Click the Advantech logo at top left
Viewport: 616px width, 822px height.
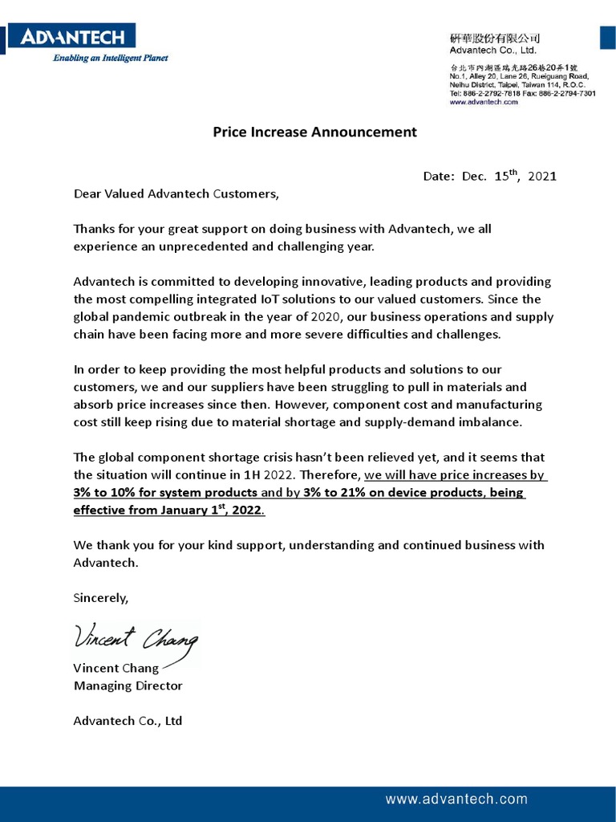[x=72, y=36]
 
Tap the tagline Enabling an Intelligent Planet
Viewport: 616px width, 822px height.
[x=111, y=59]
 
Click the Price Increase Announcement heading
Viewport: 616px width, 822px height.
[x=314, y=132]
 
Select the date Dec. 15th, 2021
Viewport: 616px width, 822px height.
[x=489, y=176]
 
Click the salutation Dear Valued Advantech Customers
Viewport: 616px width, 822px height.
[x=176, y=193]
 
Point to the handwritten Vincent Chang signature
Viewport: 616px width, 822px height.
[x=136, y=640]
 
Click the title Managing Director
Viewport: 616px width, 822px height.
[x=128, y=686]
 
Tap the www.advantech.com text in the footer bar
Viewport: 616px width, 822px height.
[x=456, y=799]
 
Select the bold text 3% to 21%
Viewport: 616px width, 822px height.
[x=331, y=492]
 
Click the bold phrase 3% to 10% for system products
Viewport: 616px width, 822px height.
[x=165, y=492]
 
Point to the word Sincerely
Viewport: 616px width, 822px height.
[x=100, y=598]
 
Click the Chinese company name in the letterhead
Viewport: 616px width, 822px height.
[x=494, y=38]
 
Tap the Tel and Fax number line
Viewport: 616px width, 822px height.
[x=522, y=93]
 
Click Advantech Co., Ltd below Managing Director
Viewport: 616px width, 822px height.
[x=128, y=721]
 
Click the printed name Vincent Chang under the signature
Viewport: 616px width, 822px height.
[x=116, y=668]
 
